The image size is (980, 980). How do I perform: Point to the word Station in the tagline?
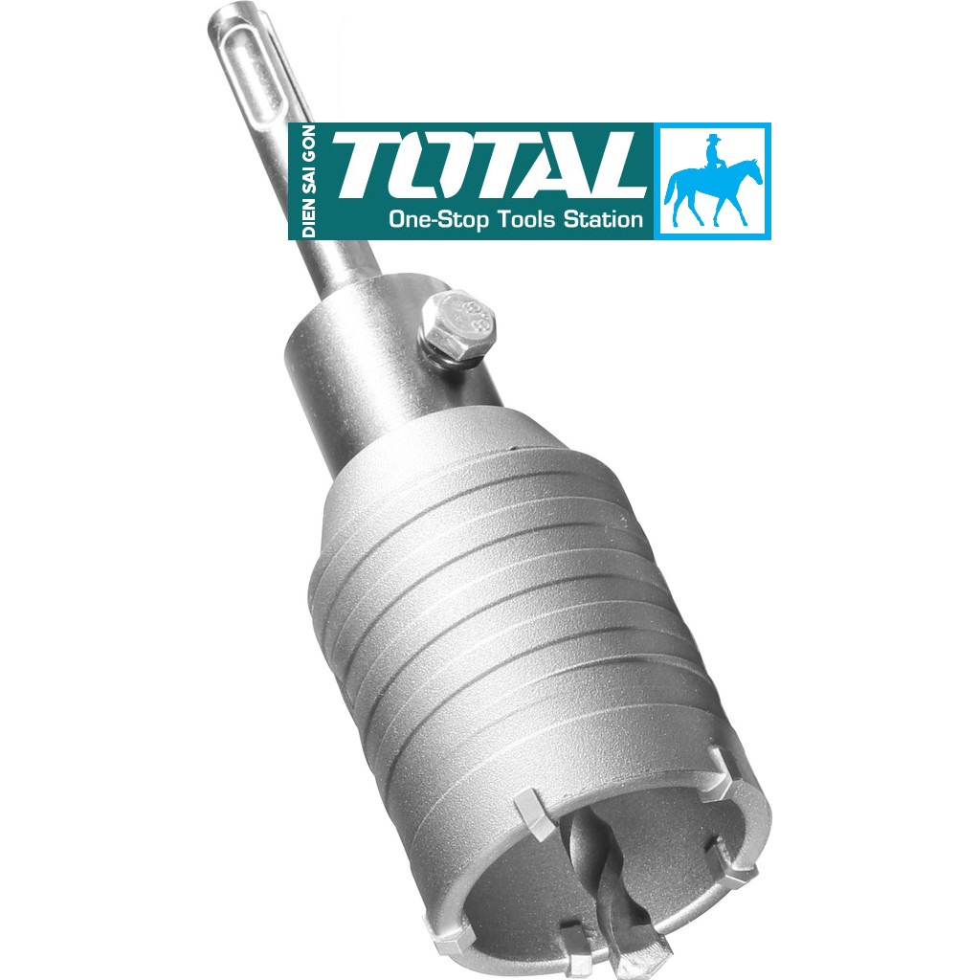[x=606, y=219]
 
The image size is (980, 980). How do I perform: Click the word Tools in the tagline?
[x=529, y=219]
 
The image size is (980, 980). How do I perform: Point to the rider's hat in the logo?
[x=712, y=139]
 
